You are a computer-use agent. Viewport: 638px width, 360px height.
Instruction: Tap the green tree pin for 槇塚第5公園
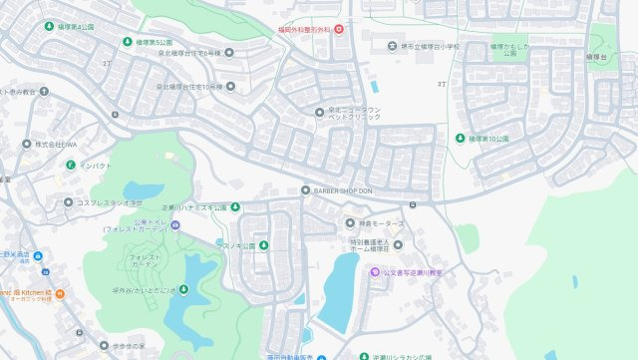click(127, 42)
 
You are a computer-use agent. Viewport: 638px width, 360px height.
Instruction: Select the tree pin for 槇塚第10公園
click(461, 139)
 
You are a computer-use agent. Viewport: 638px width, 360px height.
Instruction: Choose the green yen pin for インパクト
click(70, 165)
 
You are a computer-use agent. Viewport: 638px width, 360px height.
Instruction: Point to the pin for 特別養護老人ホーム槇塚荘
click(398, 244)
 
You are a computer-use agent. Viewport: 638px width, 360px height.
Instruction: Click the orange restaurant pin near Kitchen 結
click(59, 293)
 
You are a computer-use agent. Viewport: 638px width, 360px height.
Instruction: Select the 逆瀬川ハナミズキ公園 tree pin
click(235, 206)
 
